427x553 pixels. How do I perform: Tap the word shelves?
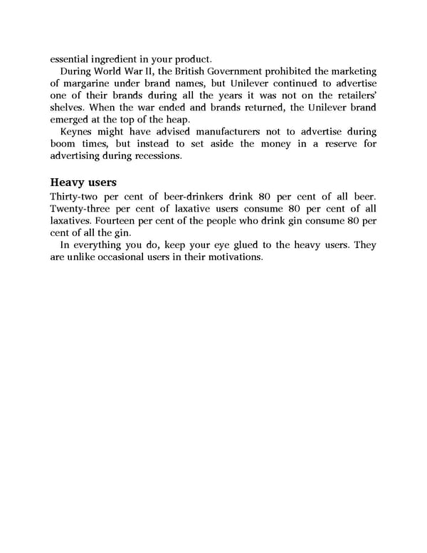click(x=68, y=107)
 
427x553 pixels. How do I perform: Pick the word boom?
click(x=65, y=145)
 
